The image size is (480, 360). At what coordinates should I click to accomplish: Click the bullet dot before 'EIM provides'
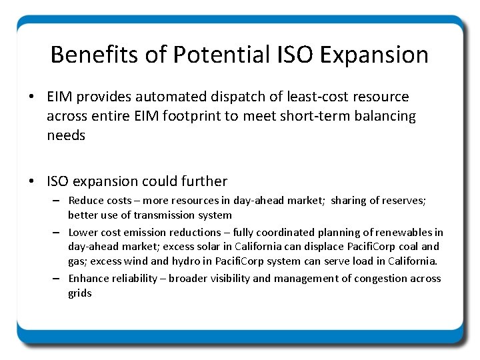(x=32, y=98)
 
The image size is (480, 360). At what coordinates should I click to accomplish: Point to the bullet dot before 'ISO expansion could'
(x=32, y=181)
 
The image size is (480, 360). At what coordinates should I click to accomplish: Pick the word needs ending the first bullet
(x=66, y=135)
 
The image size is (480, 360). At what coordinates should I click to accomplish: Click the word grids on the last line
(x=80, y=293)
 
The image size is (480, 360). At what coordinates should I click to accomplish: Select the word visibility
(x=231, y=278)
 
